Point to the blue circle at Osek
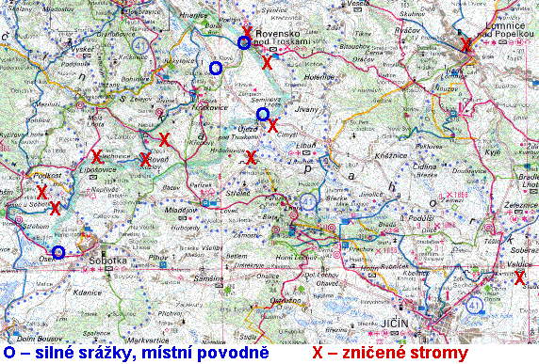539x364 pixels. (x=58, y=252)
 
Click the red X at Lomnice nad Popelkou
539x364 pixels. (x=465, y=44)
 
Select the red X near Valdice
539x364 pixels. (x=519, y=277)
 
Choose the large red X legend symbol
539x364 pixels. (x=318, y=353)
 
